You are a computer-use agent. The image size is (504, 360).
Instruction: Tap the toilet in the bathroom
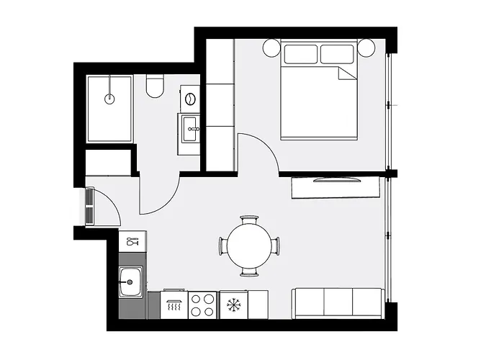click(153, 87)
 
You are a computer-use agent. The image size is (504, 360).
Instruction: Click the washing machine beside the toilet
click(192, 99)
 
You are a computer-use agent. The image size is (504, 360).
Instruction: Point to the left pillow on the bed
click(300, 54)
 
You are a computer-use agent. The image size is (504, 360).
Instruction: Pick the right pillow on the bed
click(337, 54)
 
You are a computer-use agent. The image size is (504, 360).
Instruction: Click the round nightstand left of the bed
click(271, 48)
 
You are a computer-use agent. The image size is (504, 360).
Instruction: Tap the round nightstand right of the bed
click(366, 48)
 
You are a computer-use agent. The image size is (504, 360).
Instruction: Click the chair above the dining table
click(249, 219)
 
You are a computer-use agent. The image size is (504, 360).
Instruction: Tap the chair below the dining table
click(249, 273)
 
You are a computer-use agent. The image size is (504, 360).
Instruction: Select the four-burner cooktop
click(202, 305)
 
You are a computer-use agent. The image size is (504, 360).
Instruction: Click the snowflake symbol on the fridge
click(233, 305)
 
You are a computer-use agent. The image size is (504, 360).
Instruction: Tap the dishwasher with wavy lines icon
click(174, 305)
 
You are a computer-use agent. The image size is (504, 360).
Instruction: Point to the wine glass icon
click(132, 242)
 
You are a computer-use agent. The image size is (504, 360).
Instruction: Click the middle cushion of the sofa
click(338, 303)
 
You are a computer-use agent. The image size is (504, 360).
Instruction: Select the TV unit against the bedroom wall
click(336, 187)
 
